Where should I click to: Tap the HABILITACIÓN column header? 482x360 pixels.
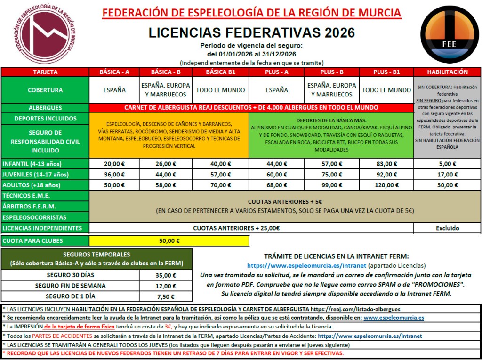[447, 72]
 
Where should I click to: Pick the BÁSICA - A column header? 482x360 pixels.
[114, 72]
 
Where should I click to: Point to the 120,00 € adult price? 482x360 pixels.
[386, 185]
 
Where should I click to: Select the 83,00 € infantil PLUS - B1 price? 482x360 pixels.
[386, 164]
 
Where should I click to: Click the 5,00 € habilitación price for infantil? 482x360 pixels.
[447, 164]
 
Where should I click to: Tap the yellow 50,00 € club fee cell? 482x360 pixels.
[169, 241]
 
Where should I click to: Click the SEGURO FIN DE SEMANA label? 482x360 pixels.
[70, 286]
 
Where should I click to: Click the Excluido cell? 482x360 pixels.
[447, 228]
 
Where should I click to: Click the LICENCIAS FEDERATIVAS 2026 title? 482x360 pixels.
[251, 32]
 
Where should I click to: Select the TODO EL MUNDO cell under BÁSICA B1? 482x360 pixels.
[221, 90]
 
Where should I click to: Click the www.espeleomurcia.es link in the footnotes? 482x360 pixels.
[394, 318]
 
